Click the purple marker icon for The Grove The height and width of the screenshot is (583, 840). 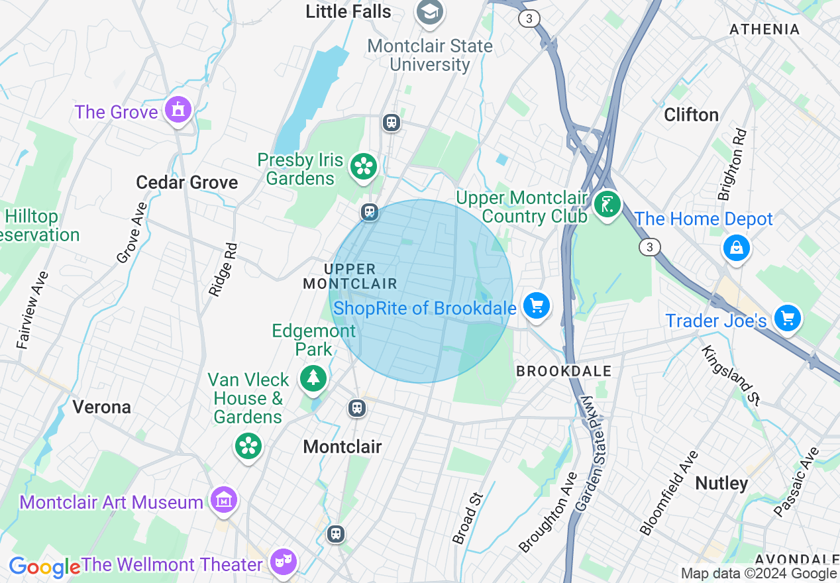(x=178, y=110)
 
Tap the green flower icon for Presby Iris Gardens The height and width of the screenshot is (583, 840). (x=363, y=166)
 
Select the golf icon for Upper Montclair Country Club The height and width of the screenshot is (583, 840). (x=606, y=204)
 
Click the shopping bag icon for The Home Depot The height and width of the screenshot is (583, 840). (x=736, y=248)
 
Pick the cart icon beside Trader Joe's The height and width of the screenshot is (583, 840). (x=787, y=319)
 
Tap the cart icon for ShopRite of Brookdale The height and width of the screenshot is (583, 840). (x=536, y=306)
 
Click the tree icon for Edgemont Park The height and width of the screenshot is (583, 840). (x=313, y=378)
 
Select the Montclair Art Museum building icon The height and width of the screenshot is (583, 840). (x=223, y=500)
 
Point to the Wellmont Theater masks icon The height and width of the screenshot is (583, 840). (x=284, y=562)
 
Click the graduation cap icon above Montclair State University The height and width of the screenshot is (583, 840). (x=429, y=12)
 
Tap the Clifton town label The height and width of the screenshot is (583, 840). (x=691, y=115)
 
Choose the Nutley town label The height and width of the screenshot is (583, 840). (x=721, y=483)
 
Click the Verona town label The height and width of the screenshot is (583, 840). (x=101, y=406)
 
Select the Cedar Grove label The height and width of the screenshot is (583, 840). (x=187, y=182)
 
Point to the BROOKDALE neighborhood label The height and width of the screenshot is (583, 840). (x=563, y=371)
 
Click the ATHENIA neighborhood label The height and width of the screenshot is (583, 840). (x=764, y=29)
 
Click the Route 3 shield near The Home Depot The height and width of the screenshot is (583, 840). (x=650, y=247)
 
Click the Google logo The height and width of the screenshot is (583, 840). (x=44, y=567)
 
